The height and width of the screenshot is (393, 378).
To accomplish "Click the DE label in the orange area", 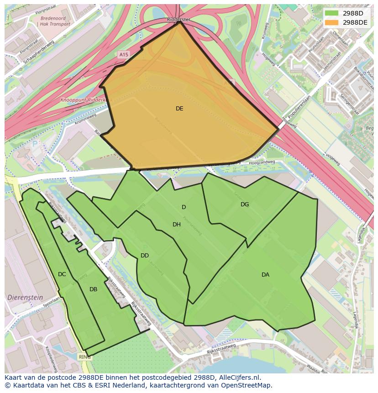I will (x=179, y=109).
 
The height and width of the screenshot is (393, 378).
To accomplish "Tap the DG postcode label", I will (x=245, y=204).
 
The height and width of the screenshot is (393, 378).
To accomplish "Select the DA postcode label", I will (x=265, y=275).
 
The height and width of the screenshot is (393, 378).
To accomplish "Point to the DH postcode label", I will (x=177, y=225).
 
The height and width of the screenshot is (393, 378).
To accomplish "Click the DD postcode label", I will (x=145, y=256).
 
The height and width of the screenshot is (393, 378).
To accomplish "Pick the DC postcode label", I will (x=62, y=274).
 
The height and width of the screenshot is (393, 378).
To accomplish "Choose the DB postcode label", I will (x=93, y=289).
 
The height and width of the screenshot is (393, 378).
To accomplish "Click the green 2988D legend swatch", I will (x=331, y=13).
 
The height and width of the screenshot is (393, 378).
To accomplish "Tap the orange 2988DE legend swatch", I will (x=331, y=22).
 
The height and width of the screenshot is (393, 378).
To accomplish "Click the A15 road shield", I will (x=123, y=55).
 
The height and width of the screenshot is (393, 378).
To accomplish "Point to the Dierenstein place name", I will (x=25, y=297).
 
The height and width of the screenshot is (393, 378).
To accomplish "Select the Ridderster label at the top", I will (x=178, y=20).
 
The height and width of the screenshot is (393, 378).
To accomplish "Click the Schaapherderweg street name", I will (x=39, y=52).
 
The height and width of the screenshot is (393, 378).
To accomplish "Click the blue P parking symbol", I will (x=35, y=144).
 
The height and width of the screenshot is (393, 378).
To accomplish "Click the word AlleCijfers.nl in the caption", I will (x=237, y=377).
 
